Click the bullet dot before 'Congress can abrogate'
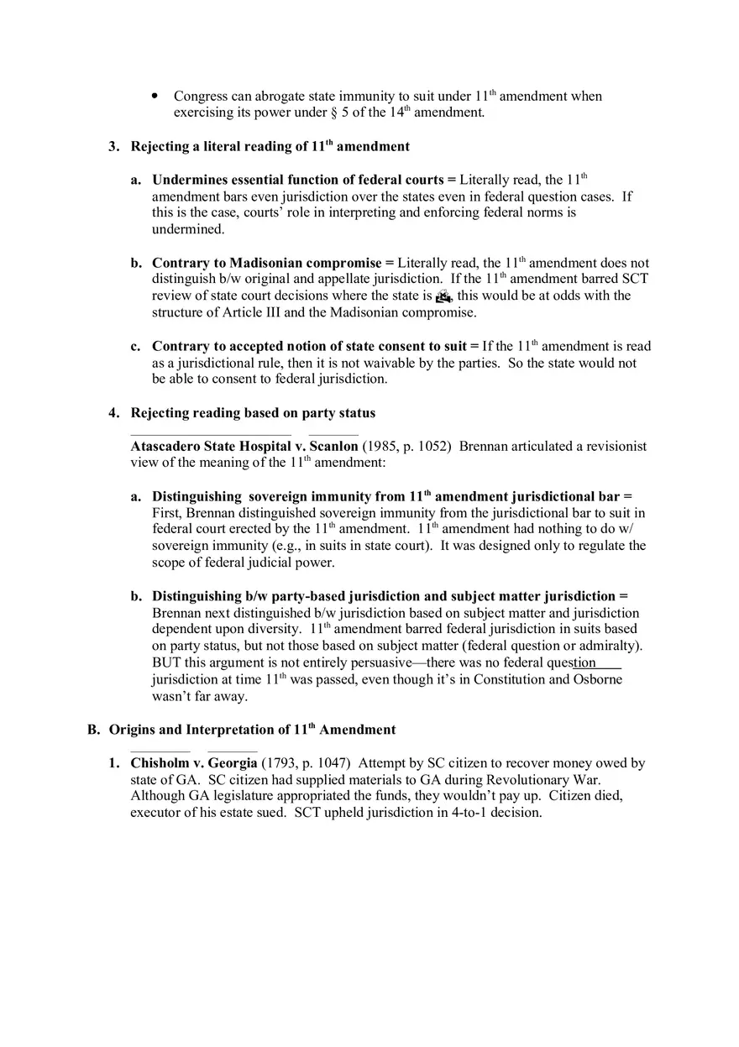pyautogui.click(x=155, y=97)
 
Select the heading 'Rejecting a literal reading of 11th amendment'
pyautogui.click(x=270, y=147)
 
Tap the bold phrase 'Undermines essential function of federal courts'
pyautogui.click(x=297, y=180)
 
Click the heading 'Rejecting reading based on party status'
pyautogui.click(x=253, y=413)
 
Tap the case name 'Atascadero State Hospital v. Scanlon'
pyautogui.click(x=244, y=446)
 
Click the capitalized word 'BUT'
pyautogui.click(x=166, y=662)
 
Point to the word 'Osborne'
pyautogui.click(x=598, y=679)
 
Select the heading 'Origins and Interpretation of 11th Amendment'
pyautogui.click(x=252, y=730)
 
